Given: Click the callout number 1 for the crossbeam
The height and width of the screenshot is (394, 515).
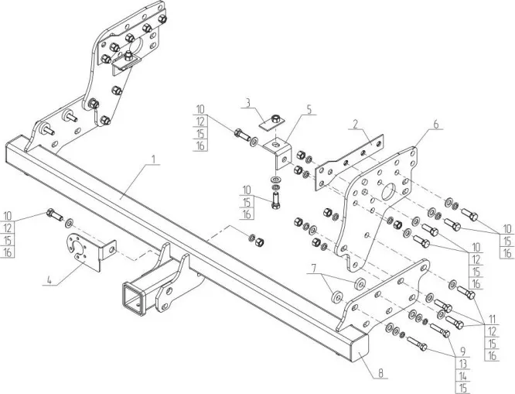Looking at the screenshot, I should tap(155, 159).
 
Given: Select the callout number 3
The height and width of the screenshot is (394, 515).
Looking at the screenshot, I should tap(248, 102).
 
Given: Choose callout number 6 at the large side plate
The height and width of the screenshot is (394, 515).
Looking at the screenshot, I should tap(435, 124).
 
